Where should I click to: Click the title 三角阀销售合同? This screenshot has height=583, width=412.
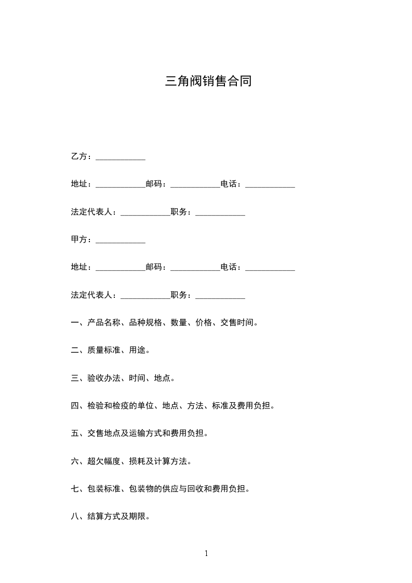point(208,81)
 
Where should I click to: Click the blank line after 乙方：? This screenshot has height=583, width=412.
point(121,157)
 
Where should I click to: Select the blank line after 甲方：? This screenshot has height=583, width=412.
point(121,241)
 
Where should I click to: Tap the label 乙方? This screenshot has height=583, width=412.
point(79,156)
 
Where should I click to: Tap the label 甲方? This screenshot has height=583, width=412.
point(79,240)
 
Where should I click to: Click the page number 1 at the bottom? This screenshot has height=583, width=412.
point(206,553)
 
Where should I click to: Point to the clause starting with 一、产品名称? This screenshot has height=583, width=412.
point(164,323)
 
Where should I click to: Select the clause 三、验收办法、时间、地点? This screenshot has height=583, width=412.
point(123,378)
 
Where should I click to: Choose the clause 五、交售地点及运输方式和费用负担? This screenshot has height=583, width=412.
point(139,433)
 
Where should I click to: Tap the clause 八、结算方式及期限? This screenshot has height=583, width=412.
point(110,516)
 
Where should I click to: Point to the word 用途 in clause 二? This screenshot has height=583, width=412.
point(138,350)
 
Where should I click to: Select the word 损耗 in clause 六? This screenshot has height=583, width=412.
point(138,461)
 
